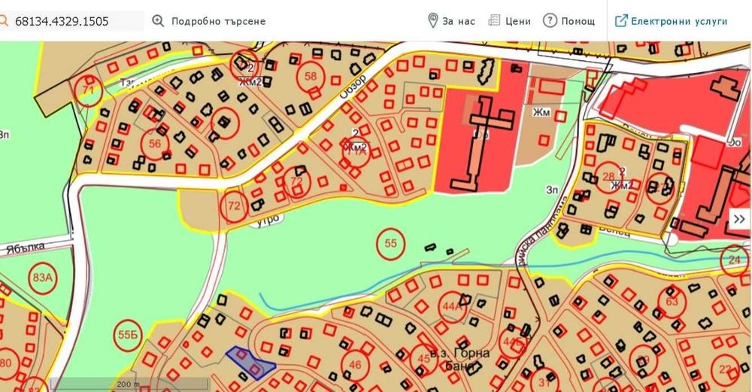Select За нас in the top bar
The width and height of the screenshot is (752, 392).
[x=451, y=21]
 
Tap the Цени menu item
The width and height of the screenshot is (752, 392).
[x=510, y=21]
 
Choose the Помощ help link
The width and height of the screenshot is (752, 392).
[x=569, y=21]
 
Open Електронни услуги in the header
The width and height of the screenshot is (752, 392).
[x=672, y=21]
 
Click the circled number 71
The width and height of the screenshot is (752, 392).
[x=88, y=91]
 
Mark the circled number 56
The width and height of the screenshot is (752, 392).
[x=156, y=144]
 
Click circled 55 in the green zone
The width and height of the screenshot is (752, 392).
[x=390, y=243]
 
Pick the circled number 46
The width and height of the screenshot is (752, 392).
[x=355, y=366]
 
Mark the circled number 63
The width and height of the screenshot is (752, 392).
[x=672, y=302]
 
